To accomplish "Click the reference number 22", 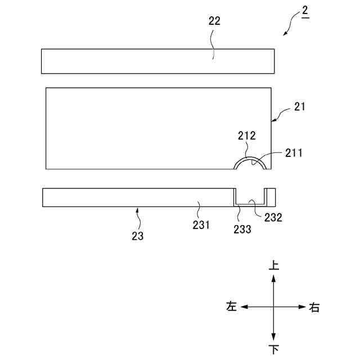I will [214, 21].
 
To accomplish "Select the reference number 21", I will [299, 107].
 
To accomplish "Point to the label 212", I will [246, 136].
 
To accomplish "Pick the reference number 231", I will [201, 224].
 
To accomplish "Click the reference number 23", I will [138, 236].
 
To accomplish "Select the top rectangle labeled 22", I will [157, 61].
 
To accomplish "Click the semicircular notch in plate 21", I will [251, 164].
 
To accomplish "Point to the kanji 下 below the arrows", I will [274, 349].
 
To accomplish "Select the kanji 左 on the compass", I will [231, 307].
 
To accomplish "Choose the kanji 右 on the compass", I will [315, 307].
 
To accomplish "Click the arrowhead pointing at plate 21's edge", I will [274, 119].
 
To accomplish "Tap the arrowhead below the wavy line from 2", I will [284, 35].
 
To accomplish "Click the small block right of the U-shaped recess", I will [271, 197].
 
